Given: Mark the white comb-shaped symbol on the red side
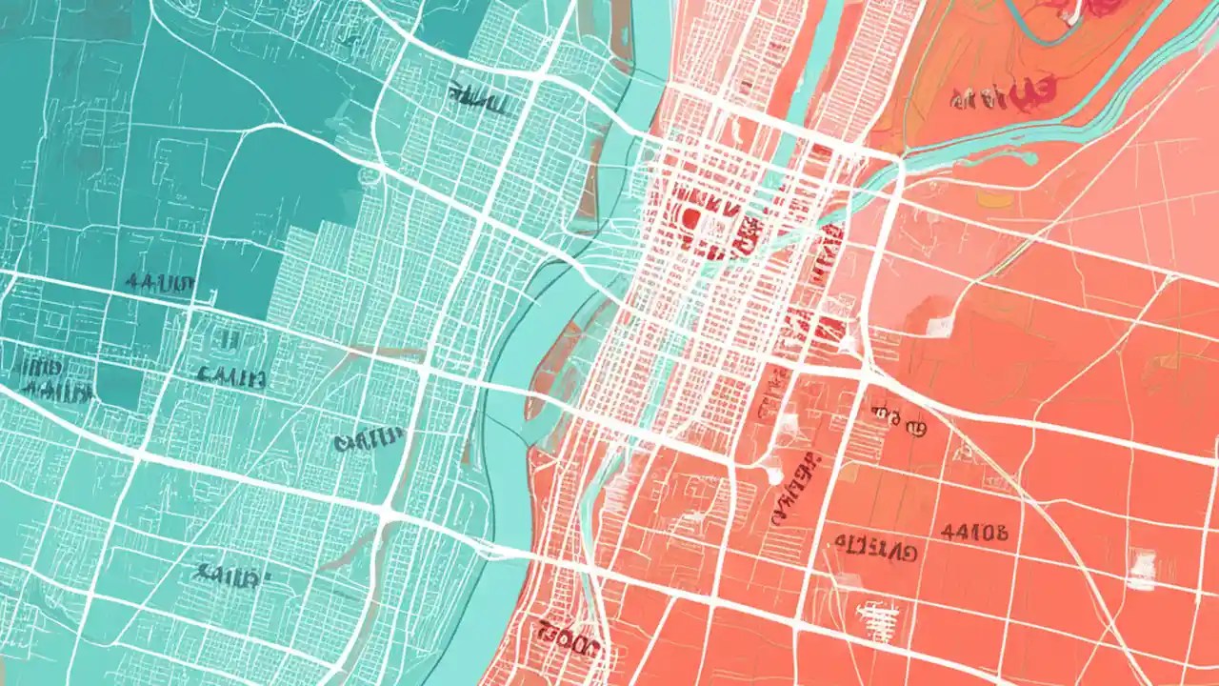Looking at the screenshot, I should point(877,611).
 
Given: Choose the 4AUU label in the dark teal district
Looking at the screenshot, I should point(159,283).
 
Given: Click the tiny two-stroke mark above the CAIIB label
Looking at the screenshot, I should point(229,338).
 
